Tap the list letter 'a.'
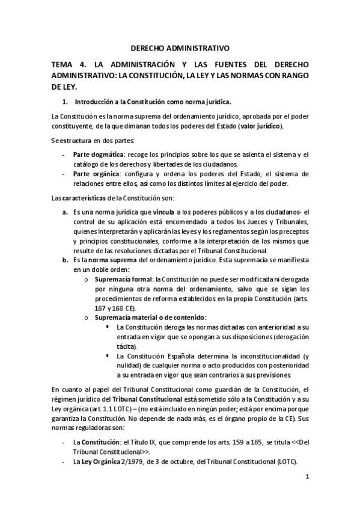coord(65,212)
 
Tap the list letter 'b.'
coord(65,260)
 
